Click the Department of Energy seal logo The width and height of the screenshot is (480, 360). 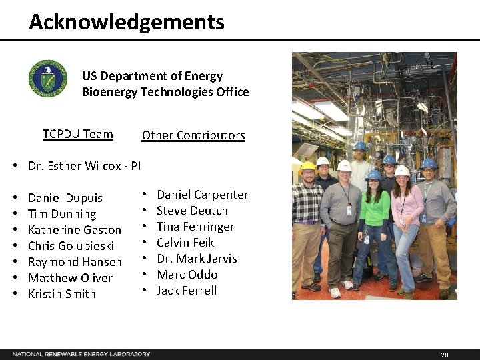(x=47, y=78)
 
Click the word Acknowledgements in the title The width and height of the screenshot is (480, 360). (x=127, y=23)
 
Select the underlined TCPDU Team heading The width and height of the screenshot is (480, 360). (x=78, y=134)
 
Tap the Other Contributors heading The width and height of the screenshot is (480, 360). (x=193, y=135)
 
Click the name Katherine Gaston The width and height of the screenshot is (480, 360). (x=75, y=230)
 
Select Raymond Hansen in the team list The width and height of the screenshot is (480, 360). (x=75, y=262)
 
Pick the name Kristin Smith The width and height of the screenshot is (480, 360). (x=62, y=294)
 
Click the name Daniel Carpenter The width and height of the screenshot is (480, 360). (x=202, y=195)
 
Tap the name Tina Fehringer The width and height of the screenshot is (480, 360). (x=195, y=227)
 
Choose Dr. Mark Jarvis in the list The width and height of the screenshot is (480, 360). (x=197, y=259)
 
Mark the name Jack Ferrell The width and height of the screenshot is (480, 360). (x=186, y=291)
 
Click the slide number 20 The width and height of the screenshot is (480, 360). (x=445, y=355)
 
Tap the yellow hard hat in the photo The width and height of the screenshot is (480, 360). (x=307, y=167)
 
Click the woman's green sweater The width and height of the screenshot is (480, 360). (x=375, y=207)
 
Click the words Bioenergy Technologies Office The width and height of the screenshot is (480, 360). (x=165, y=92)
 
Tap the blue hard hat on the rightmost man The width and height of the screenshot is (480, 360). (x=429, y=163)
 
